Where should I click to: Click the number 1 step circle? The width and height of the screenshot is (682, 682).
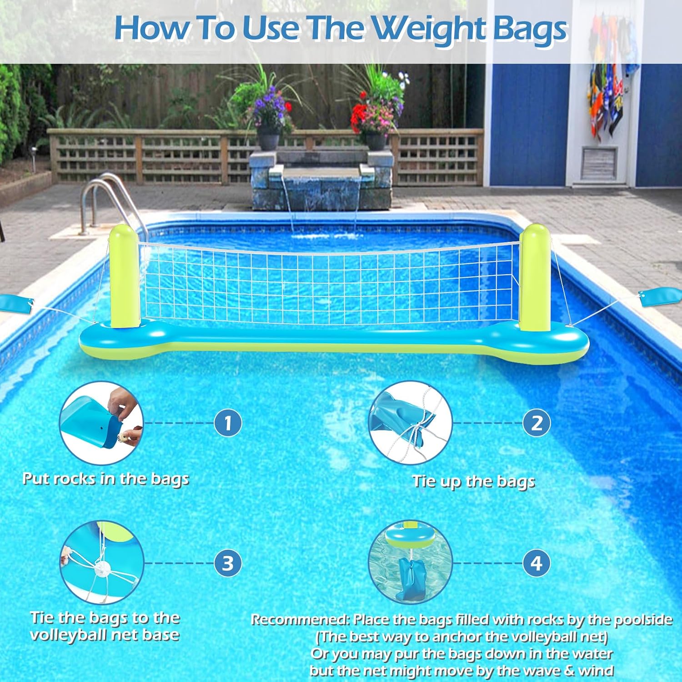tap(228, 423)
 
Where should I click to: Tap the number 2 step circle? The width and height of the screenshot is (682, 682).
tap(537, 423)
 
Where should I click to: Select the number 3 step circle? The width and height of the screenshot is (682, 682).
tap(228, 563)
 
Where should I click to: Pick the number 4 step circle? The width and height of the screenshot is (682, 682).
tap(537, 563)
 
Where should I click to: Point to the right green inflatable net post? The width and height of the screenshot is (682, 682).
tap(535, 277)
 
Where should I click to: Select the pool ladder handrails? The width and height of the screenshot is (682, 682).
tap(109, 205)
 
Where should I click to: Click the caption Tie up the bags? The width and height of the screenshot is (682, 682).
tap(473, 481)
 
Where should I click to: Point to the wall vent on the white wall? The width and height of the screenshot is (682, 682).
tap(599, 162)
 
